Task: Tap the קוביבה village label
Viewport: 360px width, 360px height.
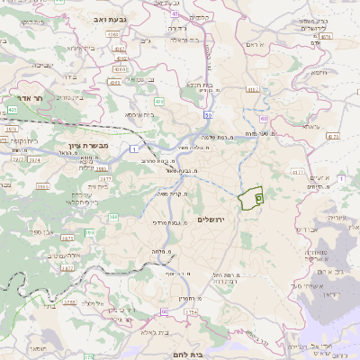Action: click(43, 64)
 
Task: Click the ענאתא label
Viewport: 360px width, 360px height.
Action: click(311, 127)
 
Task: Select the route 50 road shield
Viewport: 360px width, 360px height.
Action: click(209, 115)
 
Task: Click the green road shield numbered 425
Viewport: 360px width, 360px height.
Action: click(12, 109)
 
